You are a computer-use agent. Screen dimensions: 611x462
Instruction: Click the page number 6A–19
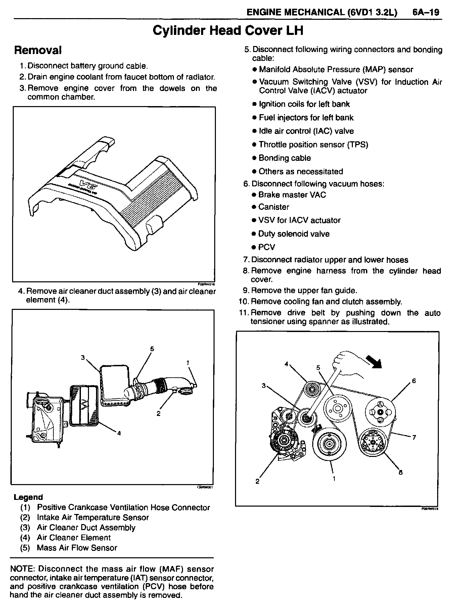pos(425,12)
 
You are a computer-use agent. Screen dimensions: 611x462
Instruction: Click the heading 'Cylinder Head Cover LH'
pos(228,31)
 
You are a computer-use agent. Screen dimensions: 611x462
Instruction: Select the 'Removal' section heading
pos(38,50)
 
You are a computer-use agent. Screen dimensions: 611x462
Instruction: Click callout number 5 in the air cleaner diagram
pos(152,349)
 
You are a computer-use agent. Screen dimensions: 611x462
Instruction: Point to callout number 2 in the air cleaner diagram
pos(158,413)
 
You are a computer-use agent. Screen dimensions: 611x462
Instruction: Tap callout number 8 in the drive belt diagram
pos(400,472)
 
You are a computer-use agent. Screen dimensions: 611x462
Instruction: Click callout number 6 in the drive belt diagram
pos(414,381)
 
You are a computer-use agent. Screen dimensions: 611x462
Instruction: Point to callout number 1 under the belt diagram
pos(334,479)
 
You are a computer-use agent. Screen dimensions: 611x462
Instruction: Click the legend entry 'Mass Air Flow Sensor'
pos(77,548)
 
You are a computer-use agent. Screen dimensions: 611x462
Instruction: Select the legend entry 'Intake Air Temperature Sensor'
pos(93,517)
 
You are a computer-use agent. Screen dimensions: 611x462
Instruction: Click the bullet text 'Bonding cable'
pos(284,158)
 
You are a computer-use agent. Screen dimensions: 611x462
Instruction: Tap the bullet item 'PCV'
pos(267,247)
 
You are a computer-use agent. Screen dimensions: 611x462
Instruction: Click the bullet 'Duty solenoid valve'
pos(294,234)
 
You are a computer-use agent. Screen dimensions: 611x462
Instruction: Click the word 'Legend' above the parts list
pos(28,497)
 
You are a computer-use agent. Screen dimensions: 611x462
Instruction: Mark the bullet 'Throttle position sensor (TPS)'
pos(313,145)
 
